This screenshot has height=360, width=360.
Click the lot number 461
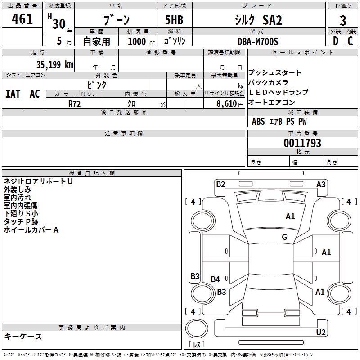click(x=22, y=19)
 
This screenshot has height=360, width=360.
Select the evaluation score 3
click(x=343, y=21)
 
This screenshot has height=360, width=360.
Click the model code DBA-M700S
click(x=258, y=41)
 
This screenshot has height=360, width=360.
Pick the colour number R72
click(x=75, y=103)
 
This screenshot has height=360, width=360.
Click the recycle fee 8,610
click(x=227, y=103)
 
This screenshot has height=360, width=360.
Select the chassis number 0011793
click(x=302, y=143)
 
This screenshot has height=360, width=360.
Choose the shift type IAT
click(x=13, y=94)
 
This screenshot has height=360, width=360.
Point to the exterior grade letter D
click(x=335, y=41)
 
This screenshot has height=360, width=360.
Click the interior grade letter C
click(x=350, y=41)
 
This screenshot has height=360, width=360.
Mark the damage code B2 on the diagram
click(x=220, y=184)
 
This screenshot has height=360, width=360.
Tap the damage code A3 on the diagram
click(x=321, y=184)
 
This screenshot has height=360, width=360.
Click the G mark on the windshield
click(x=284, y=237)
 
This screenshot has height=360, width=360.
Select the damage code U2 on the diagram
click(x=321, y=332)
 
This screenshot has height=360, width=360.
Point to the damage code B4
click(x=216, y=279)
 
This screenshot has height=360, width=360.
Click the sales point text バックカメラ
click(x=268, y=82)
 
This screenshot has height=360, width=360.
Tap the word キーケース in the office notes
click(x=23, y=336)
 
